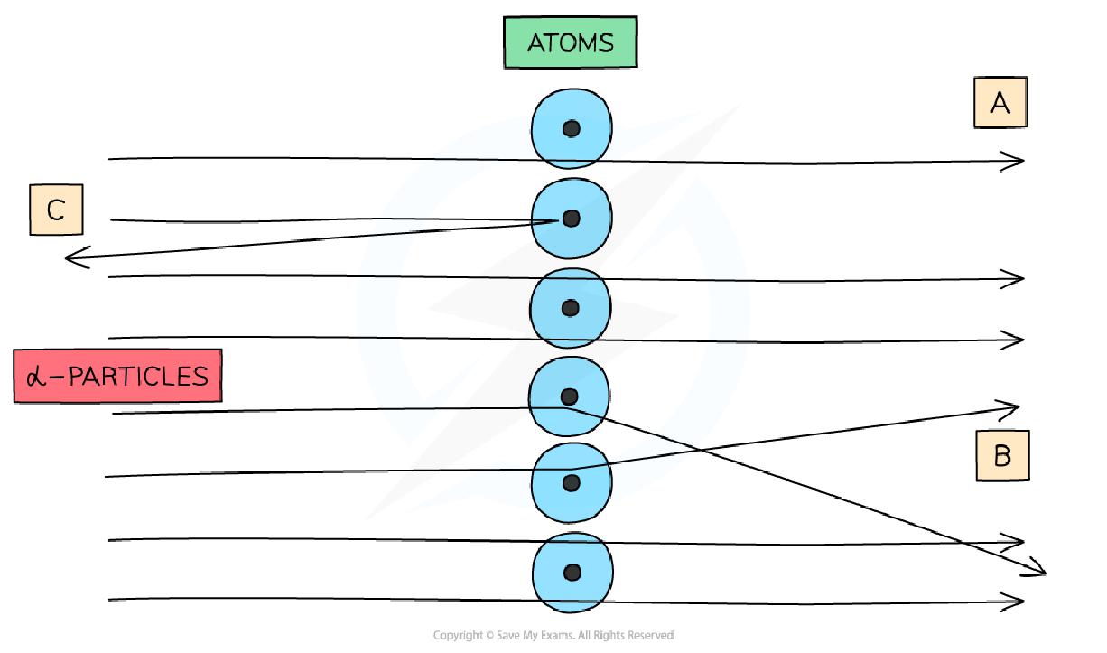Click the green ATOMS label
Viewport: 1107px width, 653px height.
(x=570, y=43)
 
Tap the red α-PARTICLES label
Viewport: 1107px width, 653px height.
(x=117, y=375)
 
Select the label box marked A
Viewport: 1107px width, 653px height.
(x=1000, y=103)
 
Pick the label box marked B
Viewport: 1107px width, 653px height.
(x=1002, y=456)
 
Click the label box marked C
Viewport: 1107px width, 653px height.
(x=56, y=210)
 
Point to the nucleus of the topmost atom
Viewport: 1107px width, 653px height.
(x=571, y=129)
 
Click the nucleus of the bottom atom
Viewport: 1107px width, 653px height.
(x=571, y=572)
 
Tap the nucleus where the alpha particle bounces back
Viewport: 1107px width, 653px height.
(x=570, y=219)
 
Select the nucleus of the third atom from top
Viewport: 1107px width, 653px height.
(x=570, y=308)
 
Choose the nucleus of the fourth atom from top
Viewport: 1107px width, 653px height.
(x=569, y=396)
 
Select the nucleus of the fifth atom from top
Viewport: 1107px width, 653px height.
(x=571, y=482)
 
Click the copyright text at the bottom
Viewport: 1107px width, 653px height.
(x=553, y=636)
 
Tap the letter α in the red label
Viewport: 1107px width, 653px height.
(x=36, y=376)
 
